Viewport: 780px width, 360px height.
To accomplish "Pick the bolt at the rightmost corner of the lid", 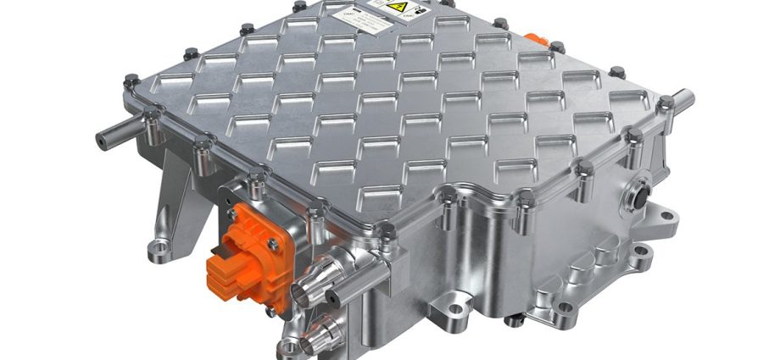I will tap(666, 102).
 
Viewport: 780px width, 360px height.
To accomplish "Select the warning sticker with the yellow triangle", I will tap(398, 11).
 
